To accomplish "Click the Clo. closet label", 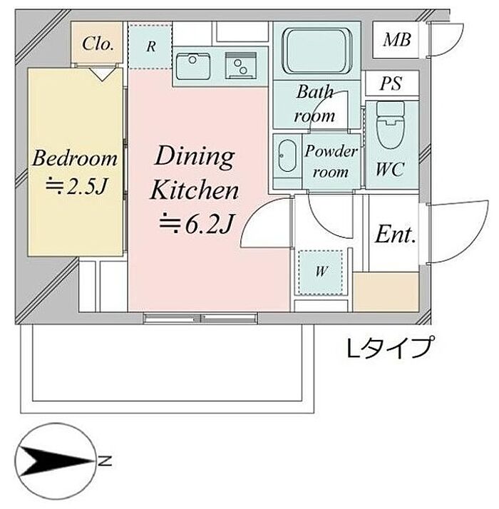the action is click(98, 43).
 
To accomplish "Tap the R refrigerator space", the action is click(150, 46).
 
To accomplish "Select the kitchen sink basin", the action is click(193, 66).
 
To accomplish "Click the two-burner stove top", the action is click(240, 66).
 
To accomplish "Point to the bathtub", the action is click(317, 51).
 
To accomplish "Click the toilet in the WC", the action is click(390, 125).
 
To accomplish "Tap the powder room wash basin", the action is click(287, 156).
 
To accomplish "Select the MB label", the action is click(397, 40).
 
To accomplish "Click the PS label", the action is click(391, 83).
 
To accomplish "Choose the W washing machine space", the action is click(321, 272).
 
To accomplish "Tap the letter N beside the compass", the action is click(105, 461).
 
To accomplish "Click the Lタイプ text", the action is click(391, 348).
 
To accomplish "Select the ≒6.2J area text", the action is click(197, 223).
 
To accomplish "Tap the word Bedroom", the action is click(75, 158).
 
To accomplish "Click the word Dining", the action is click(194, 158).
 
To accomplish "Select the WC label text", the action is click(390, 169).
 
